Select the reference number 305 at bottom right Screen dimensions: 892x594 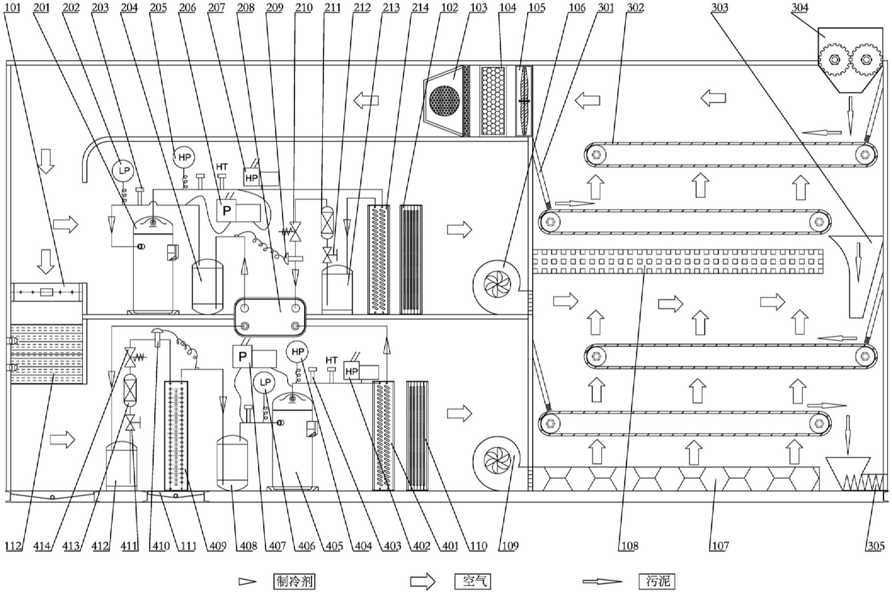[875, 546]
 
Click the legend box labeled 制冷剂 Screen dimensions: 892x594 [294, 581]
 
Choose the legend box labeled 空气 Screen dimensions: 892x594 [472, 581]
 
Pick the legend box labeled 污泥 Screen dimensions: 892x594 [657, 581]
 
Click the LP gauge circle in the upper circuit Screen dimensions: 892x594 [124, 171]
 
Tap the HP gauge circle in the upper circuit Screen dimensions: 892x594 [184, 157]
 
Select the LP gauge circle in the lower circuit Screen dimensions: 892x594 [265, 383]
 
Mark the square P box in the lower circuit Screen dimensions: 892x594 [242, 356]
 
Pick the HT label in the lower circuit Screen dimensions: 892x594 [332, 360]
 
